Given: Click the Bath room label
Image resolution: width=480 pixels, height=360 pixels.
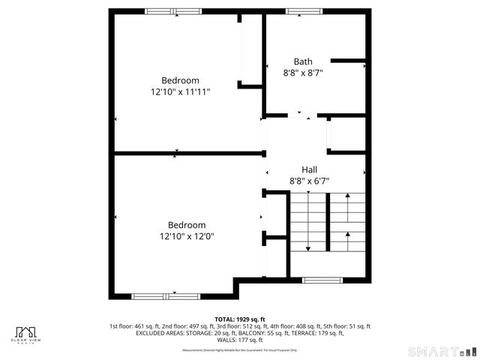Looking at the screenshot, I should [303, 61].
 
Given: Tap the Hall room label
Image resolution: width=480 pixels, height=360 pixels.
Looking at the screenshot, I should [309, 169].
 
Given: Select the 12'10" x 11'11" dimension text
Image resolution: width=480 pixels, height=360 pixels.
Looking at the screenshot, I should [180, 91].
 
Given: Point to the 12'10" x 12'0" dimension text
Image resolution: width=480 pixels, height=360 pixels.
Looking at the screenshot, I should [187, 236].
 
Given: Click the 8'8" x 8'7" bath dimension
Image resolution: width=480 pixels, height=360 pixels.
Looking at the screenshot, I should [303, 73].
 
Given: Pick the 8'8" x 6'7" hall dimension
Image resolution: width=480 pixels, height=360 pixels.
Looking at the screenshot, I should [309, 181].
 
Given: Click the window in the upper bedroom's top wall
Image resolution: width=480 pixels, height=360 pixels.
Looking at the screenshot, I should [173, 11].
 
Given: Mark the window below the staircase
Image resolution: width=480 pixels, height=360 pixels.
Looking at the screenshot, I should [322, 280].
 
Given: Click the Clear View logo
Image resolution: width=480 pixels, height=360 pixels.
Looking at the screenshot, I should [27, 334].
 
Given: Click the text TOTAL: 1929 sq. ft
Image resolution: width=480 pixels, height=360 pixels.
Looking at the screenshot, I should [240, 319].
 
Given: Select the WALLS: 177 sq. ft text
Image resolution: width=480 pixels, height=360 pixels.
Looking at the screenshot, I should [240, 340].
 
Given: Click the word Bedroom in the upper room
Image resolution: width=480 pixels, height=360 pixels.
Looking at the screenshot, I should [180, 80].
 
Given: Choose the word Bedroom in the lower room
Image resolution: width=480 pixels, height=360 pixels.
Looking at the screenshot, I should [187, 225].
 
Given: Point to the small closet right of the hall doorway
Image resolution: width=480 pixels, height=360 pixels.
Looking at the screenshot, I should [346, 135].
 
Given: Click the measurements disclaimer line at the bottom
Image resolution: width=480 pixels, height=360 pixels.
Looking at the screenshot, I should [240, 349].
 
